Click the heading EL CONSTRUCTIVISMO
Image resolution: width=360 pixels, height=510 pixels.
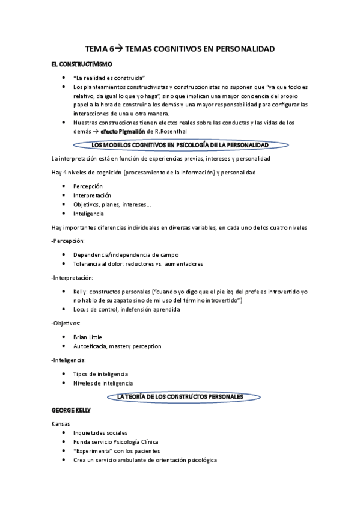(x=81, y=64)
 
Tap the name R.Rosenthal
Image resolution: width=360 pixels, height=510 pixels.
(x=173, y=131)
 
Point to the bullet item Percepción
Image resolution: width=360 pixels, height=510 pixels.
(x=92, y=186)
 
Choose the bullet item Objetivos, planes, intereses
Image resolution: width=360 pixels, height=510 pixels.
(x=112, y=204)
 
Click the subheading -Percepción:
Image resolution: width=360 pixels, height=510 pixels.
(x=69, y=241)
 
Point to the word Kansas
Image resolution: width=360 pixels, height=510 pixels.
(x=61, y=424)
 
